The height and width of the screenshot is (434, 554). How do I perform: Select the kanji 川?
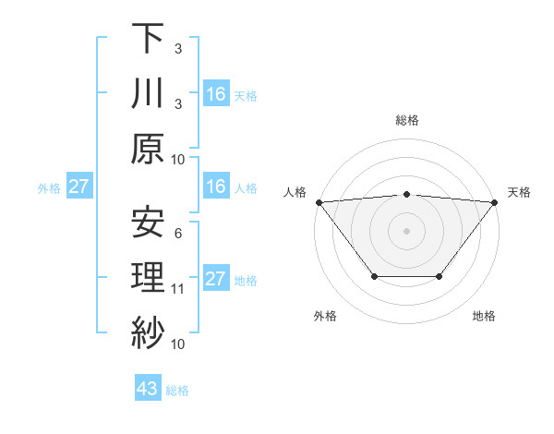coord(148,93)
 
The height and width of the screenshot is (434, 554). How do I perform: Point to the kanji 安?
coord(148,222)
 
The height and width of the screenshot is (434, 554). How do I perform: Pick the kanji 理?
coord(148,278)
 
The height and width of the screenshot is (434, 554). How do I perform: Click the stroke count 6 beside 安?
coord(178,234)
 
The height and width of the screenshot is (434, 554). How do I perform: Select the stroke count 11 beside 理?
coord(178,289)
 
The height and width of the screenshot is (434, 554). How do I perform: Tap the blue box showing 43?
coord(148,390)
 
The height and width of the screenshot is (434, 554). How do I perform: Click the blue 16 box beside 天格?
coord(216,94)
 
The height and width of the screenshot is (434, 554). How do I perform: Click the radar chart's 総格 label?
coord(406,120)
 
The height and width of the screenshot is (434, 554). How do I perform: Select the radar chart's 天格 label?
coord(519,192)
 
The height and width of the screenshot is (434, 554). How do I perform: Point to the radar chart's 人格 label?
coord(293,192)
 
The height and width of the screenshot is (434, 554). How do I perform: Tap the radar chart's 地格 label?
coord(484,317)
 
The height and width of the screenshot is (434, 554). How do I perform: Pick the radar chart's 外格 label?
coord(325,317)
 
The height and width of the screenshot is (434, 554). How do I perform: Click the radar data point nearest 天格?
coord(495,201)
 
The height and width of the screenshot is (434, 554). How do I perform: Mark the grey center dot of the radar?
coord(406,230)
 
